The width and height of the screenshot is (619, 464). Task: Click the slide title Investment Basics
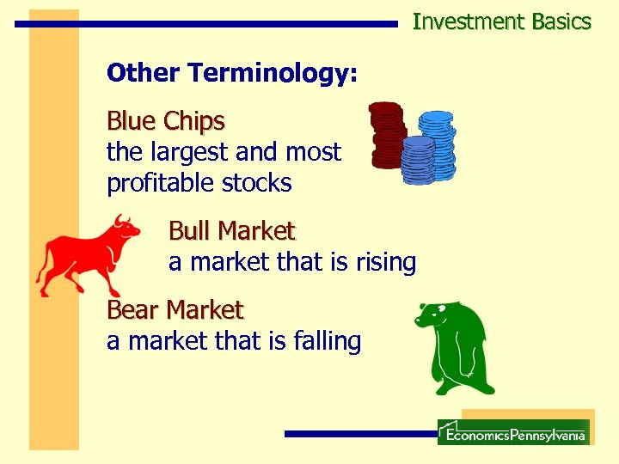(x=501, y=21)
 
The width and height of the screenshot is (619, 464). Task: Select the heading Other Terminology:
(x=231, y=73)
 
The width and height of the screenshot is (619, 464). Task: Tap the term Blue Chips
(x=165, y=121)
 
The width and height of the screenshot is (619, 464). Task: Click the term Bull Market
(x=231, y=231)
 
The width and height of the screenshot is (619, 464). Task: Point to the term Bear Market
(x=175, y=309)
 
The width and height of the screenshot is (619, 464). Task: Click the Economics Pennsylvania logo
(x=513, y=432)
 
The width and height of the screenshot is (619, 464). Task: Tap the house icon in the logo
(x=449, y=430)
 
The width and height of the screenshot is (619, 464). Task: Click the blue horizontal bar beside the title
(x=206, y=24)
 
